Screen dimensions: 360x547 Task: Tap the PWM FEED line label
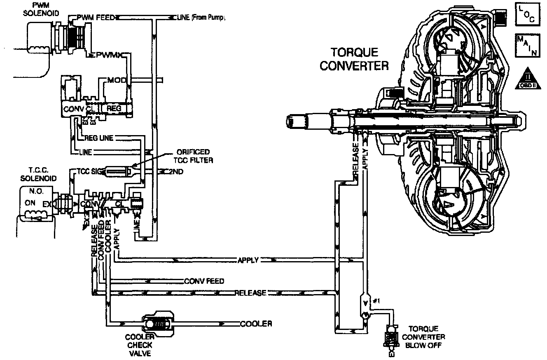coord(96,17)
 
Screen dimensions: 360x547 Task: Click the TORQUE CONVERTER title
coord(354,59)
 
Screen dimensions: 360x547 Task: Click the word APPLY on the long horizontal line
coord(248,260)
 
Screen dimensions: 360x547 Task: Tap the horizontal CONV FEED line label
coord(204,281)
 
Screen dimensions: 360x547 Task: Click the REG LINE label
coord(98,138)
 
